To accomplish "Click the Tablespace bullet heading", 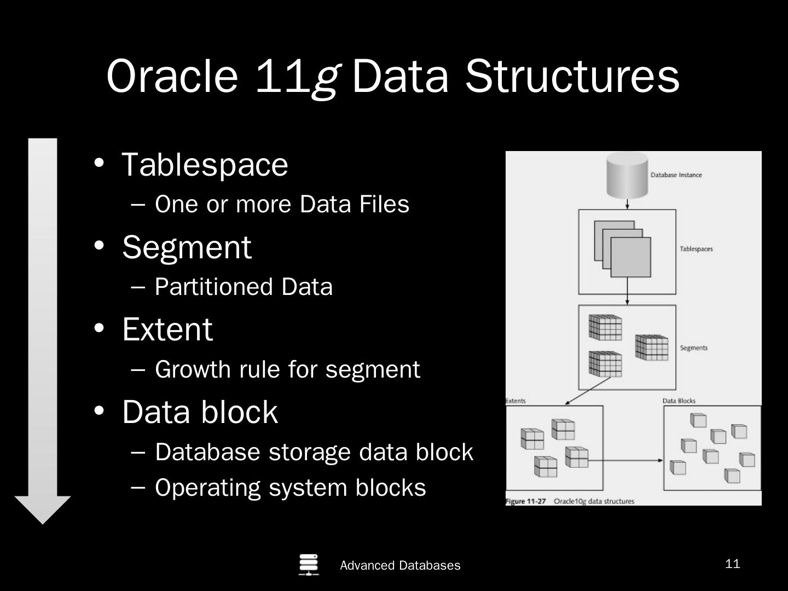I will pos(204,164).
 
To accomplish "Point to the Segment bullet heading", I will pos(187,247).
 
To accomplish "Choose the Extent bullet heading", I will pos(167,329).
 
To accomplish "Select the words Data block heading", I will pos(200,412).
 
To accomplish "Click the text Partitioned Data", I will pos(244,287).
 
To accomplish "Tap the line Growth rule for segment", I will pos(287,369).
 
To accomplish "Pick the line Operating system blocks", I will pos(290,488).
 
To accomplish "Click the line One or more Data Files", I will pos(282,204).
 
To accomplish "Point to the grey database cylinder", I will pos(627,175).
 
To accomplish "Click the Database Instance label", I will pos(676,175).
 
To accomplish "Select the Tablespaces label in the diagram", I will pos(696,249).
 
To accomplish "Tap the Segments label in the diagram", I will pos(693,348).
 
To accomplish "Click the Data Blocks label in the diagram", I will pos(679,401).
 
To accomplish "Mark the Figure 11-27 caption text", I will pos(570,501).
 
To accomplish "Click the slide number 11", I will pos(732,564).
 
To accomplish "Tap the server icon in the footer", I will pos(309,565).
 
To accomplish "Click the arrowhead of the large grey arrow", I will pos(43,509).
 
